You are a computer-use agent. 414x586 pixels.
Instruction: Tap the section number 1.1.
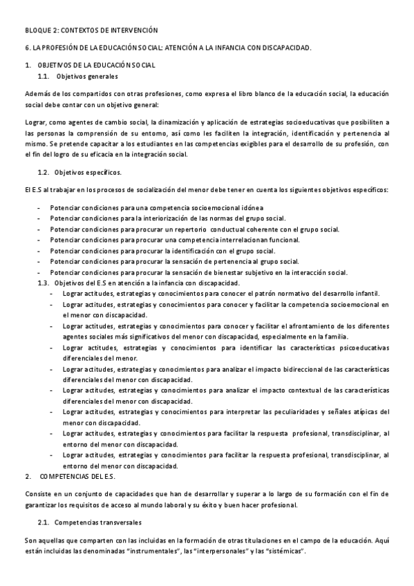click(x=44, y=76)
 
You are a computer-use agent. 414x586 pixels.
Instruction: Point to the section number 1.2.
click(x=44, y=171)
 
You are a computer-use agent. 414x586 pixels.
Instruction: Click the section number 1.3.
click(x=44, y=283)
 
